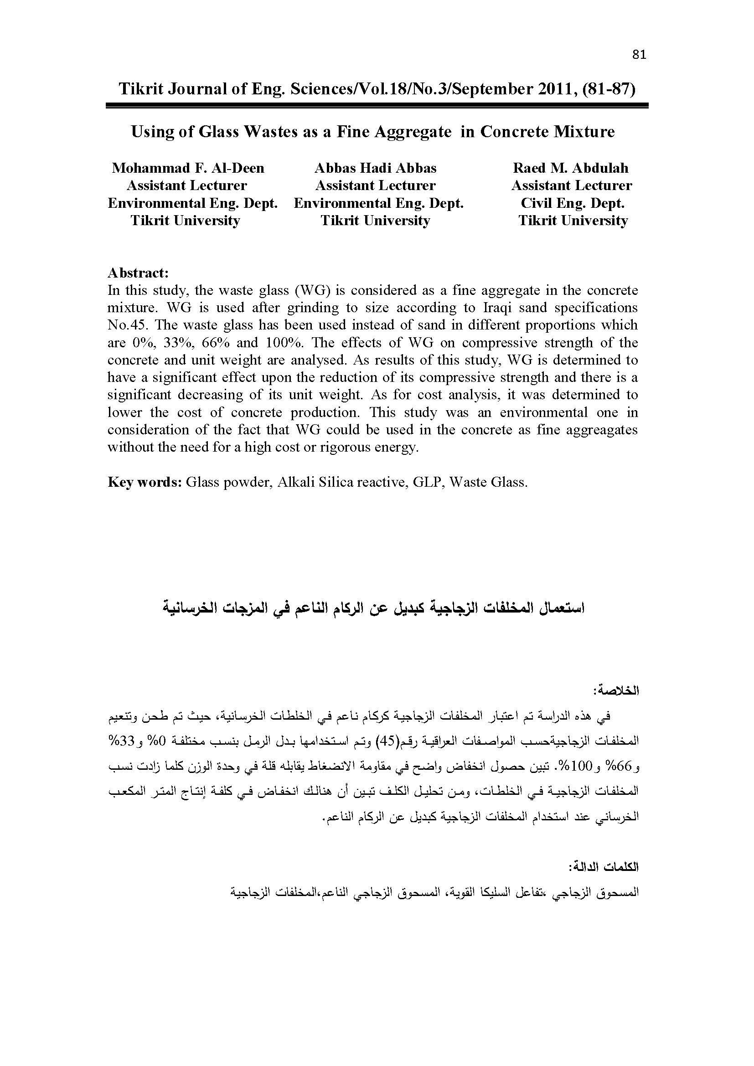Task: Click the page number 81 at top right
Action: click(x=639, y=55)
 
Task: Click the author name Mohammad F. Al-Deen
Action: click(x=188, y=168)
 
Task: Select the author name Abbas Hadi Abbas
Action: click(x=376, y=168)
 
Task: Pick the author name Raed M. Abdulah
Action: click(x=571, y=168)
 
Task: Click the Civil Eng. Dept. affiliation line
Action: click(x=573, y=203)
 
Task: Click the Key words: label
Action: click(x=145, y=482)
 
